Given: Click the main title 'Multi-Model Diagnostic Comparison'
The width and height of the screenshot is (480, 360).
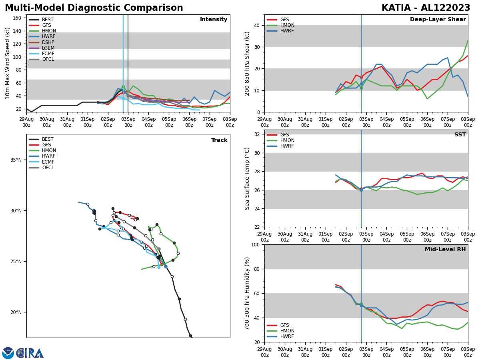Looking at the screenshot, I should point(94,8).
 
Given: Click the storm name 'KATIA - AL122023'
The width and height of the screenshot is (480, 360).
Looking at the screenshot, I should point(426,8).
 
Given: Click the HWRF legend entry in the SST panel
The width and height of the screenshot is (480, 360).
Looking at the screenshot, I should point(287,146).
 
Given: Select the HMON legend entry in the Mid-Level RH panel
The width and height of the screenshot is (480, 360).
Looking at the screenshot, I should point(287,331).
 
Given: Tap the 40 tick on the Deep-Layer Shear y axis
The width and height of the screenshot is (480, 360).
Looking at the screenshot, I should point(256,25).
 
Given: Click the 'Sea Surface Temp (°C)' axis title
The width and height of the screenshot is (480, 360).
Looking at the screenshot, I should point(248,178).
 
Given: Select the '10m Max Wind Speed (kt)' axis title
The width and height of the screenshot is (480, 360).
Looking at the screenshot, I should point(8,63).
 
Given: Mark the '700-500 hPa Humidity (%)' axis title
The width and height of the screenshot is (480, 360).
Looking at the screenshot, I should point(248,293).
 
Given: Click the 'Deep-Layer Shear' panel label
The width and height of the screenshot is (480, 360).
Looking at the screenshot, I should point(438,20).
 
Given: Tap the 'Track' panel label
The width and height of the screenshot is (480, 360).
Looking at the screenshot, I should point(219,140).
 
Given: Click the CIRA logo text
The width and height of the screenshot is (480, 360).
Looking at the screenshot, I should point(30,353).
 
